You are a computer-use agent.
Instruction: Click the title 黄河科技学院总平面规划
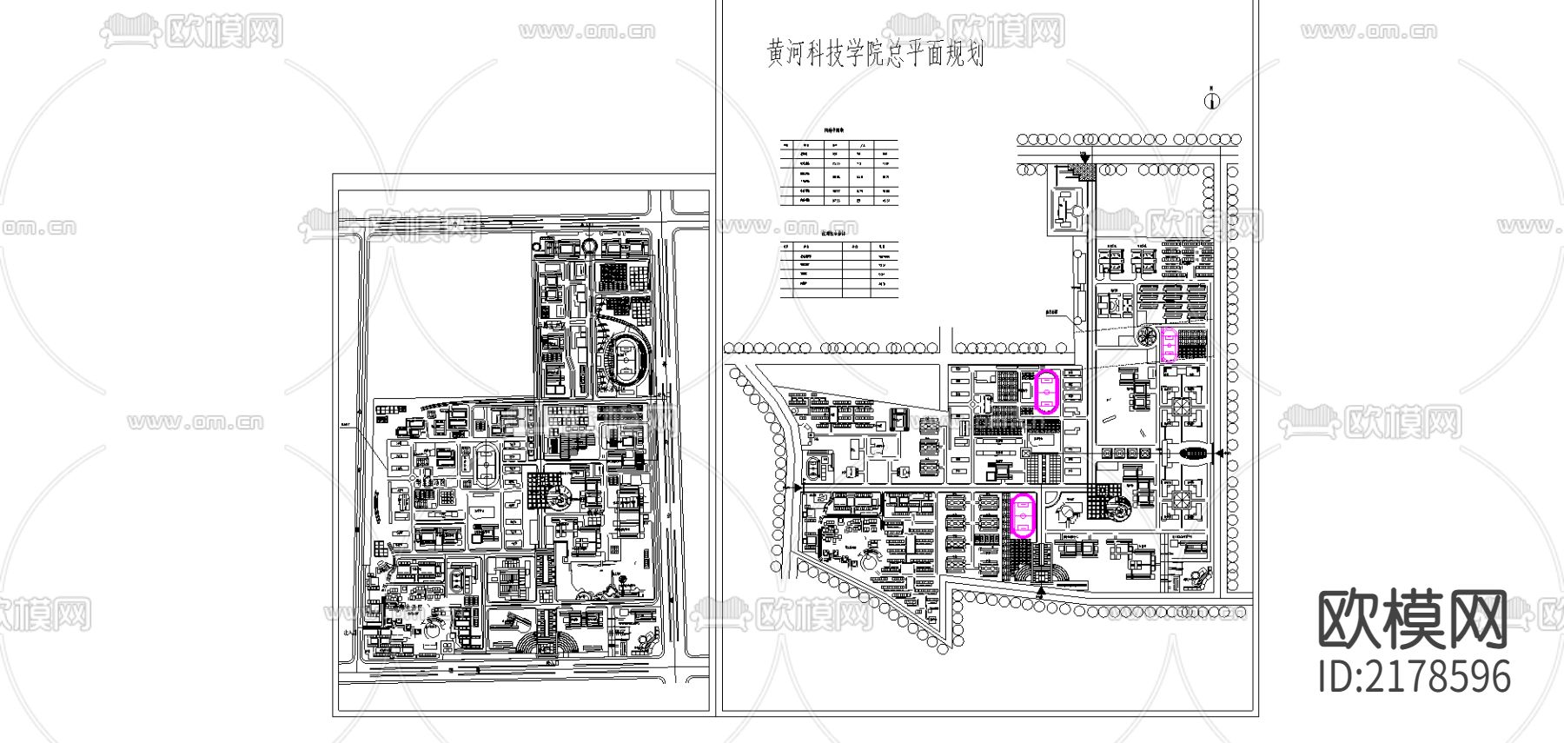click(876, 55)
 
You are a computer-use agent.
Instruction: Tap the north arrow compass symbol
click(1212, 100)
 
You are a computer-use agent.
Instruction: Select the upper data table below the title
click(839, 172)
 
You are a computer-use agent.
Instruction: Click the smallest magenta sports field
click(1170, 344)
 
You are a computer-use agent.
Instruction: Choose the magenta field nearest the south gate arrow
click(1024, 515)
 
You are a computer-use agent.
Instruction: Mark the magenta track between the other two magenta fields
click(1046, 391)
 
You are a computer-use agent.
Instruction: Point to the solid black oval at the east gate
click(1196, 453)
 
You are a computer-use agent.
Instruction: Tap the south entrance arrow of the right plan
click(1041, 592)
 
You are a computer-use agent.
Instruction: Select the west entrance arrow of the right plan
click(797, 488)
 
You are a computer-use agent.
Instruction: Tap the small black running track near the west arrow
click(814, 470)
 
